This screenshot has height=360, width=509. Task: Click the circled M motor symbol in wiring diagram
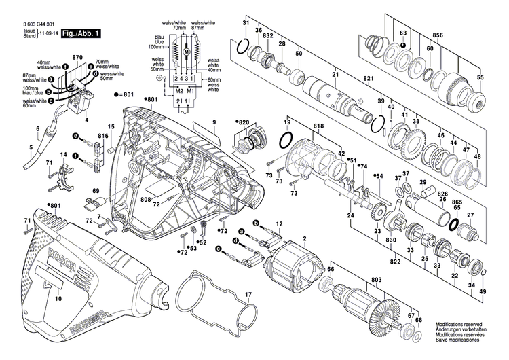(x=186, y=52)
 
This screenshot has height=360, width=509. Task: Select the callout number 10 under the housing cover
(x=58, y=298)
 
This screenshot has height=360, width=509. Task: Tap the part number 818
(x=299, y=127)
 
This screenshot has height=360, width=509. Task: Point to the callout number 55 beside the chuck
(x=480, y=79)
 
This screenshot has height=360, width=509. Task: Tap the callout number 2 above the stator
(x=305, y=238)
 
